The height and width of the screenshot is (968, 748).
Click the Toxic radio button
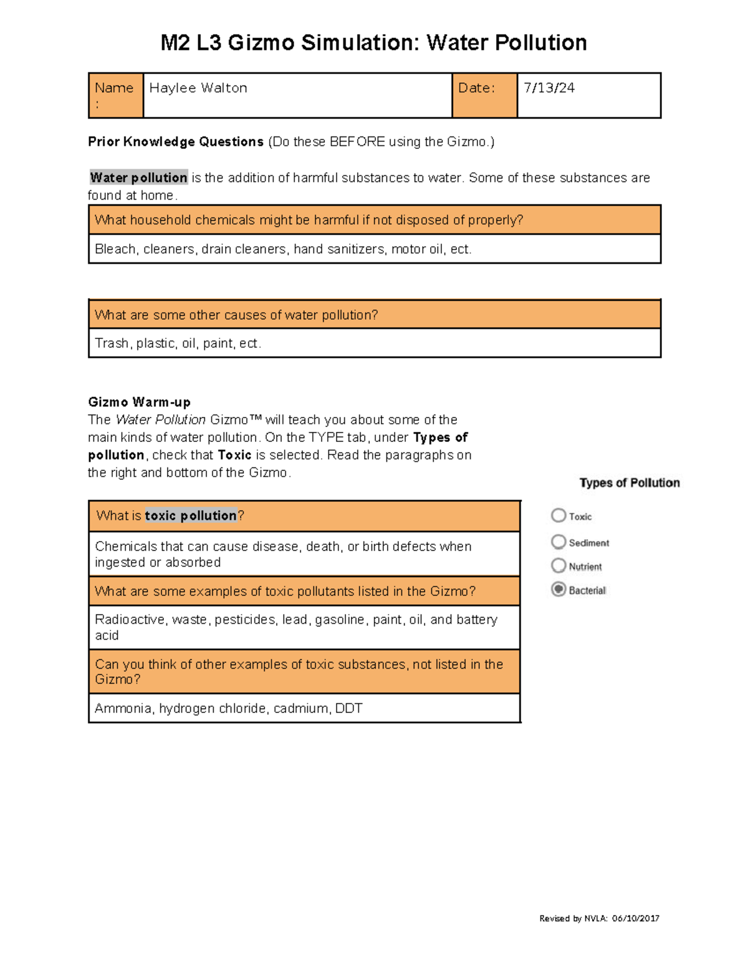tap(559, 515)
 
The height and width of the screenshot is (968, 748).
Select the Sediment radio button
tap(559, 542)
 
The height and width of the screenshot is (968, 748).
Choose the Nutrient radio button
tap(559, 565)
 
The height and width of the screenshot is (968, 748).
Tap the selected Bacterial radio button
tap(559, 589)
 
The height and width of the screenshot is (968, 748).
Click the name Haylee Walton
tap(198, 88)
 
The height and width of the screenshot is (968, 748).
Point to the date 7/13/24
tap(549, 88)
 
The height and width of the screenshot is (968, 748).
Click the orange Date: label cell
tap(484, 95)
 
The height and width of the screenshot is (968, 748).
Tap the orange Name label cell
tap(115, 95)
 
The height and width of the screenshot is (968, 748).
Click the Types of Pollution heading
tap(630, 482)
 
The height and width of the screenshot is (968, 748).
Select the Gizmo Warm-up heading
tap(139, 402)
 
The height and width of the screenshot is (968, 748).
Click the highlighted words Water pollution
tap(138, 178)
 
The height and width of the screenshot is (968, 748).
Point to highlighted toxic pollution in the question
tap(191, 515)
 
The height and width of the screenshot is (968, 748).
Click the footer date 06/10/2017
tap(635, 918)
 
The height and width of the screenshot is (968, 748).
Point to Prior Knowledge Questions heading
tap(175, 142)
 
